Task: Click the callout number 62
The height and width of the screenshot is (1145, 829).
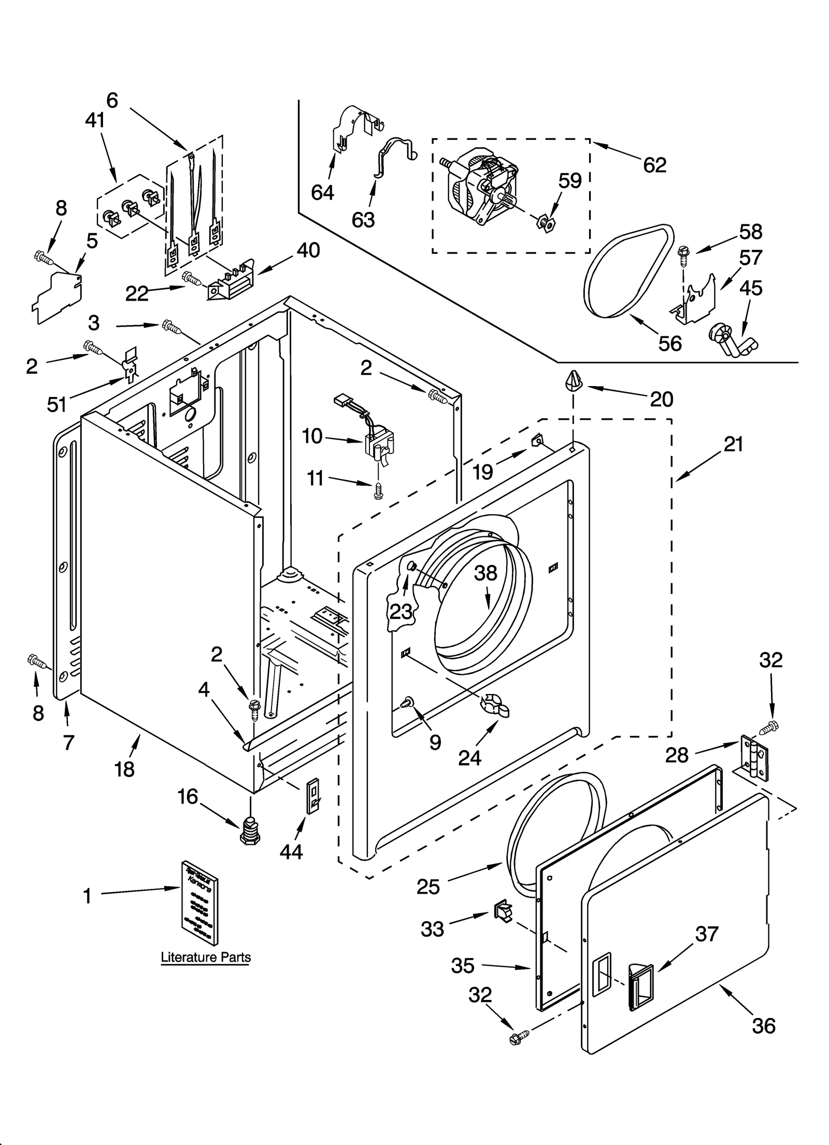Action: coord(654,165)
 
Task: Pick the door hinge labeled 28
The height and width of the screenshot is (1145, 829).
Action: coord(754,758)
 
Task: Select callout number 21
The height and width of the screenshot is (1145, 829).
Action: coord(733,444)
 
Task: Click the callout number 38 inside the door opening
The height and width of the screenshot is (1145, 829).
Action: coord(486,573)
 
